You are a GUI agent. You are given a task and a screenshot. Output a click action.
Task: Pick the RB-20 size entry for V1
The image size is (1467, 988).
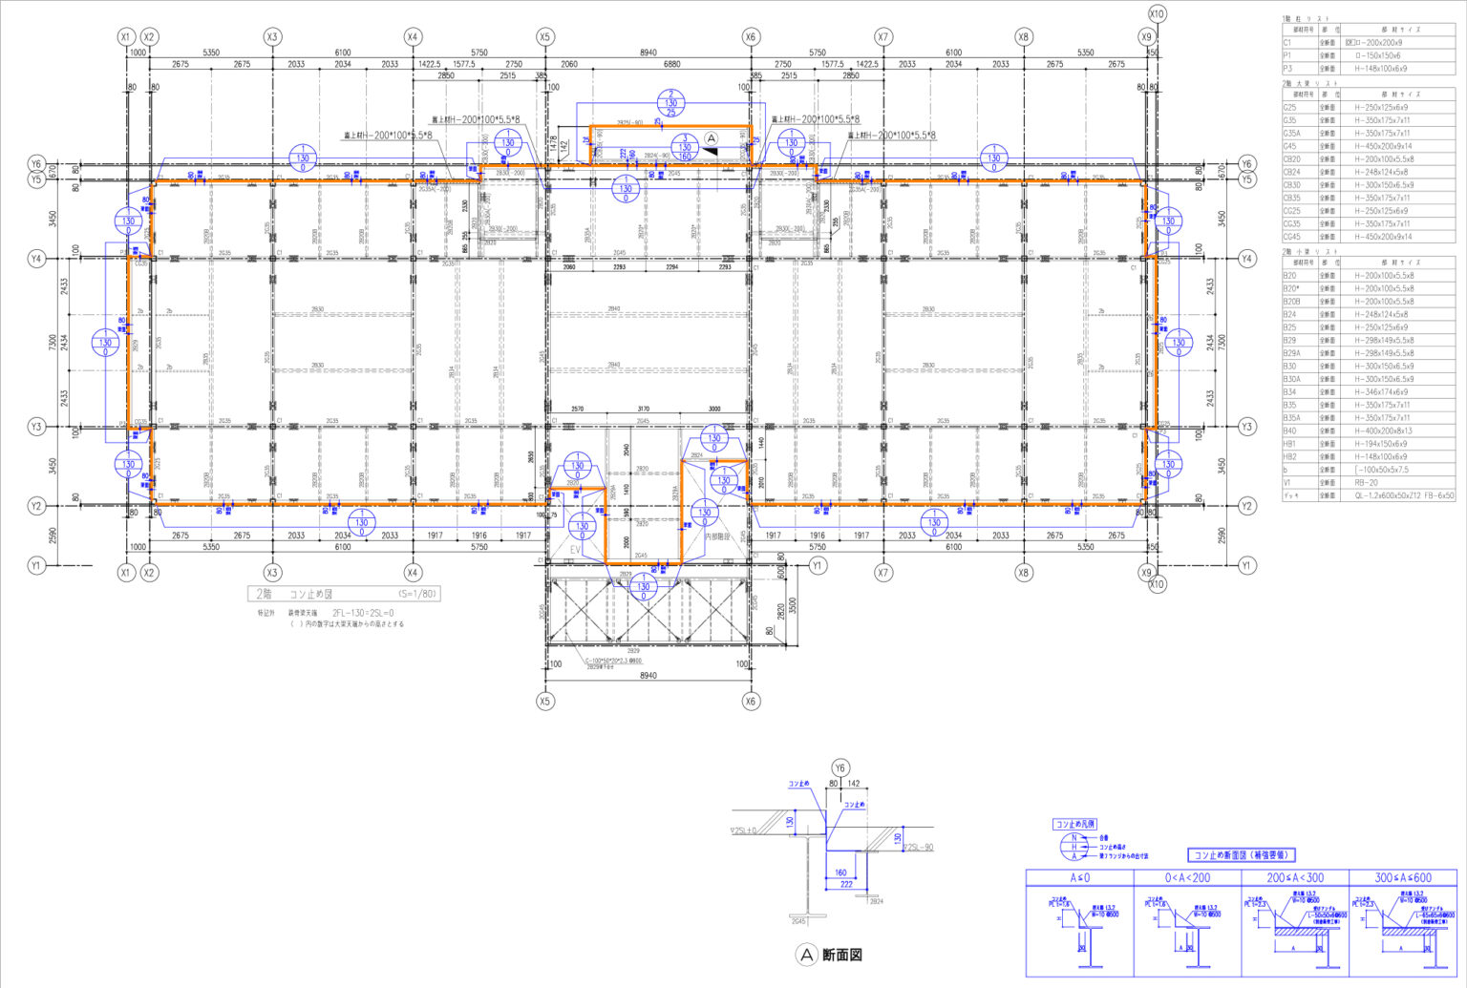(1370, 482)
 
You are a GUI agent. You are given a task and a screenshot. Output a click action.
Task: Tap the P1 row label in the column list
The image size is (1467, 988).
(1286, 55)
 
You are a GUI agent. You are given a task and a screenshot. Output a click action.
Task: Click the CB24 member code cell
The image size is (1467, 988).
(1291, 172)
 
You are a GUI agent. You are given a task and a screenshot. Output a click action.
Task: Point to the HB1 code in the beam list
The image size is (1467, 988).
(1289, 444)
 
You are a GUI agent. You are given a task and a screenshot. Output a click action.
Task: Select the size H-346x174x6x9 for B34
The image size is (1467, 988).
(1380, 391)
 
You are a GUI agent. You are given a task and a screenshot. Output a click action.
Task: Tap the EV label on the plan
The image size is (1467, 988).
(576, 551)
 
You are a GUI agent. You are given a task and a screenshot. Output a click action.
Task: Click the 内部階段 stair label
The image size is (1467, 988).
(717, 536)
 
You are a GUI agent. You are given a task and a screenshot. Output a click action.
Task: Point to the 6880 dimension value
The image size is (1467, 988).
(671, 64)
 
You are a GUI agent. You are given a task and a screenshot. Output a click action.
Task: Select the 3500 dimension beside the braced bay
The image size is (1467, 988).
(792, 605)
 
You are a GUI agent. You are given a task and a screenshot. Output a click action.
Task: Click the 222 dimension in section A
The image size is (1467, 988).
(846, 884)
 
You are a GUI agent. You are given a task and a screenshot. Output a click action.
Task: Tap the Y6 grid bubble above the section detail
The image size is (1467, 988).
(840, 767)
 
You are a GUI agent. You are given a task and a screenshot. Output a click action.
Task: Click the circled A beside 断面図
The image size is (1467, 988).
(806, 955)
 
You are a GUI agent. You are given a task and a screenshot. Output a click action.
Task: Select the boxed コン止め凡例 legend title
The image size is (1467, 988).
(1074, 824)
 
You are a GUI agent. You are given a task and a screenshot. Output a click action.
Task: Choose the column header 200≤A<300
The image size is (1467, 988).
(1294, 877)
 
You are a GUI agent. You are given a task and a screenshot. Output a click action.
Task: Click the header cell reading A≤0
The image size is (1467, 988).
(1079, 877)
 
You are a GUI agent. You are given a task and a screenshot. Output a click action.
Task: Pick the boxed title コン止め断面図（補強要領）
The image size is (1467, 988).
(1241, 854)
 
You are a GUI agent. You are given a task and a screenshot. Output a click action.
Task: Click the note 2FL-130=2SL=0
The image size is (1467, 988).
(362, 613)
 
